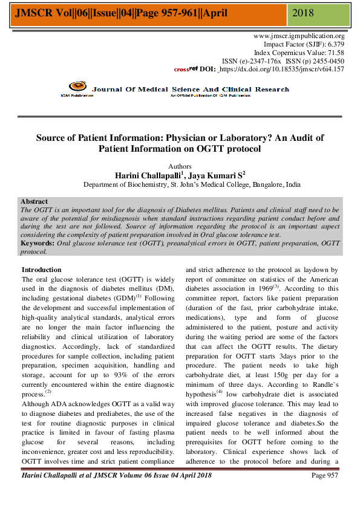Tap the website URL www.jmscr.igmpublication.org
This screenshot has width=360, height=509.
pos(299,36)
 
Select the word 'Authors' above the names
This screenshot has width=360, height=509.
pos(179,166)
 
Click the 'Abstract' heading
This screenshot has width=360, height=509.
pos(34,201)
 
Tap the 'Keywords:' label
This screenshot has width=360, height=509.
pos(38,243)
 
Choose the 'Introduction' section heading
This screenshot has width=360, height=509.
pos(41,270)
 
